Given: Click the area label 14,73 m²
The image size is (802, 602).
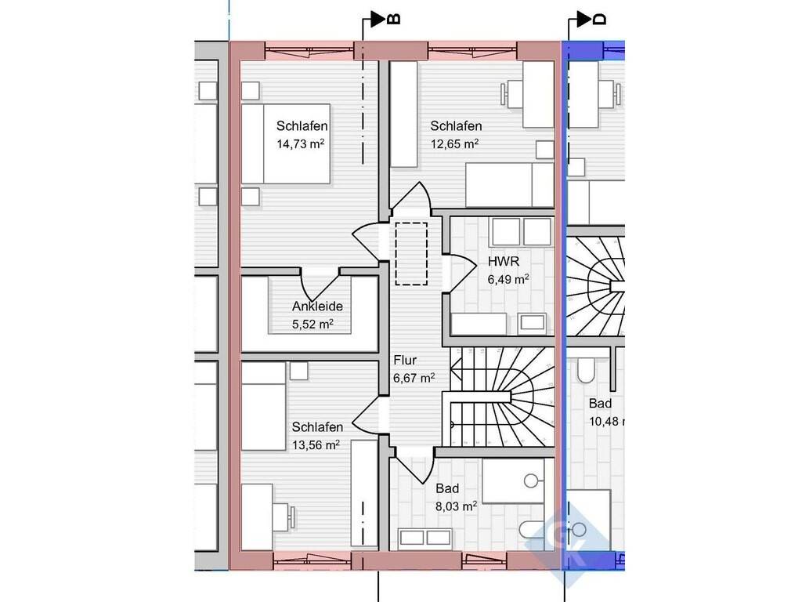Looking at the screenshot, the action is tap(301, 144).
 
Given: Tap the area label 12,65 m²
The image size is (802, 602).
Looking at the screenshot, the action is tap(455, 144).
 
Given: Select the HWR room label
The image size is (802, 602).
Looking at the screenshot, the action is tap(504, 261).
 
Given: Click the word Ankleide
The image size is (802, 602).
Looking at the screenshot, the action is tap(317, 306).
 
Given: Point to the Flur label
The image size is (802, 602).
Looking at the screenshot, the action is tap(405, 360).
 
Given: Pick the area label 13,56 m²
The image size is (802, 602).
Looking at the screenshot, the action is tap(316, 445).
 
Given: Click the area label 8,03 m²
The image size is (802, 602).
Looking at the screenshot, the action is tap(457, 506).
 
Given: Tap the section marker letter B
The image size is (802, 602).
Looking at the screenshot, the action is tap(393, 20).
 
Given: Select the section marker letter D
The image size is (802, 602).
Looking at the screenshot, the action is tap(599, 20).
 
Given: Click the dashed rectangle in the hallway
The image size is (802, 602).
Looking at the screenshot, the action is tap(411, 253).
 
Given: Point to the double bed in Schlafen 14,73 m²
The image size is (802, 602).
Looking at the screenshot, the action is tap(285, 144).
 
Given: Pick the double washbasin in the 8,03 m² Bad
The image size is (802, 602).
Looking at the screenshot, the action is tap(424, 538).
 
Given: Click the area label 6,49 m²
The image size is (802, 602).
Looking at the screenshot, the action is tap(508, 280).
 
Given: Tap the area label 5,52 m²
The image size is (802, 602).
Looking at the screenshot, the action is tap(312, 324).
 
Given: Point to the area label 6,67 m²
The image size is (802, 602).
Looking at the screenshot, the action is tap(414, 379).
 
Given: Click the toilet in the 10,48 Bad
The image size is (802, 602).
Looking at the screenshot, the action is tap(586, 370).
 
